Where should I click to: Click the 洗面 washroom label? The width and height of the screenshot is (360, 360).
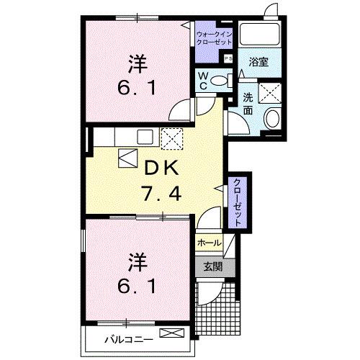click(247, 104)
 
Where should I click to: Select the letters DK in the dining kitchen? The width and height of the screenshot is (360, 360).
click(162, 168)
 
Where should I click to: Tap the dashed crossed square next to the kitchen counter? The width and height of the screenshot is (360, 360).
click(171, 138)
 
